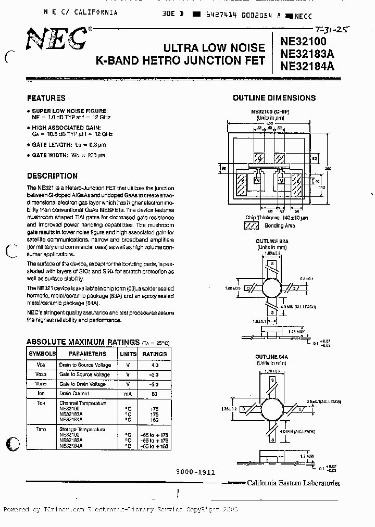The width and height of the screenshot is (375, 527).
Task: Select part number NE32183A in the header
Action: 307,56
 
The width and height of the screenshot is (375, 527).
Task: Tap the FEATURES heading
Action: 46,98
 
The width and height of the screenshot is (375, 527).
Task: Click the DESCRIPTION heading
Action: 52,176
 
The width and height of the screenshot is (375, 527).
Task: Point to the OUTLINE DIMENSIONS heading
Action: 274,98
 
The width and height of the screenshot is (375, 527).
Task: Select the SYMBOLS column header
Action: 42,353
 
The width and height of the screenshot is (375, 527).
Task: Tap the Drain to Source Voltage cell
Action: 84,365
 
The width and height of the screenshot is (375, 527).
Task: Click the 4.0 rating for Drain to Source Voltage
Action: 154,365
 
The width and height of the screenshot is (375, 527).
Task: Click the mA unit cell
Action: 127,394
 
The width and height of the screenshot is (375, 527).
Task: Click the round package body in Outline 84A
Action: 273,409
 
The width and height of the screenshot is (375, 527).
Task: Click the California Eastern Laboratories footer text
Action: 294,483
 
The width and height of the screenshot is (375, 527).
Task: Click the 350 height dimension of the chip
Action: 328,168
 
